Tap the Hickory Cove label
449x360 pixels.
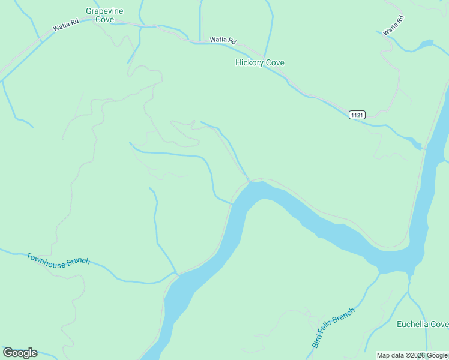(x=259, y=62)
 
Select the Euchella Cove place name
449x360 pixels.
(x=422, y=325)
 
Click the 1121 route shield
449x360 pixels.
(x=357, y=115)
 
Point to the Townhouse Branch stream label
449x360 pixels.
(x=58, y=259)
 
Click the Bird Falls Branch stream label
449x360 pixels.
(x=333, y=328)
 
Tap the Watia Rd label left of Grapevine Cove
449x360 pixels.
(x=65, y=27)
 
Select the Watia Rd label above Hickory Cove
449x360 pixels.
(x=223, y=40)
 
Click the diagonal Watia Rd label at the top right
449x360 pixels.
(x=393, y=25)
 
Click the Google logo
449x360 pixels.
(x=20, y=353)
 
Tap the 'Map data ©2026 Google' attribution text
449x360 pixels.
(x=412, y=355)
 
